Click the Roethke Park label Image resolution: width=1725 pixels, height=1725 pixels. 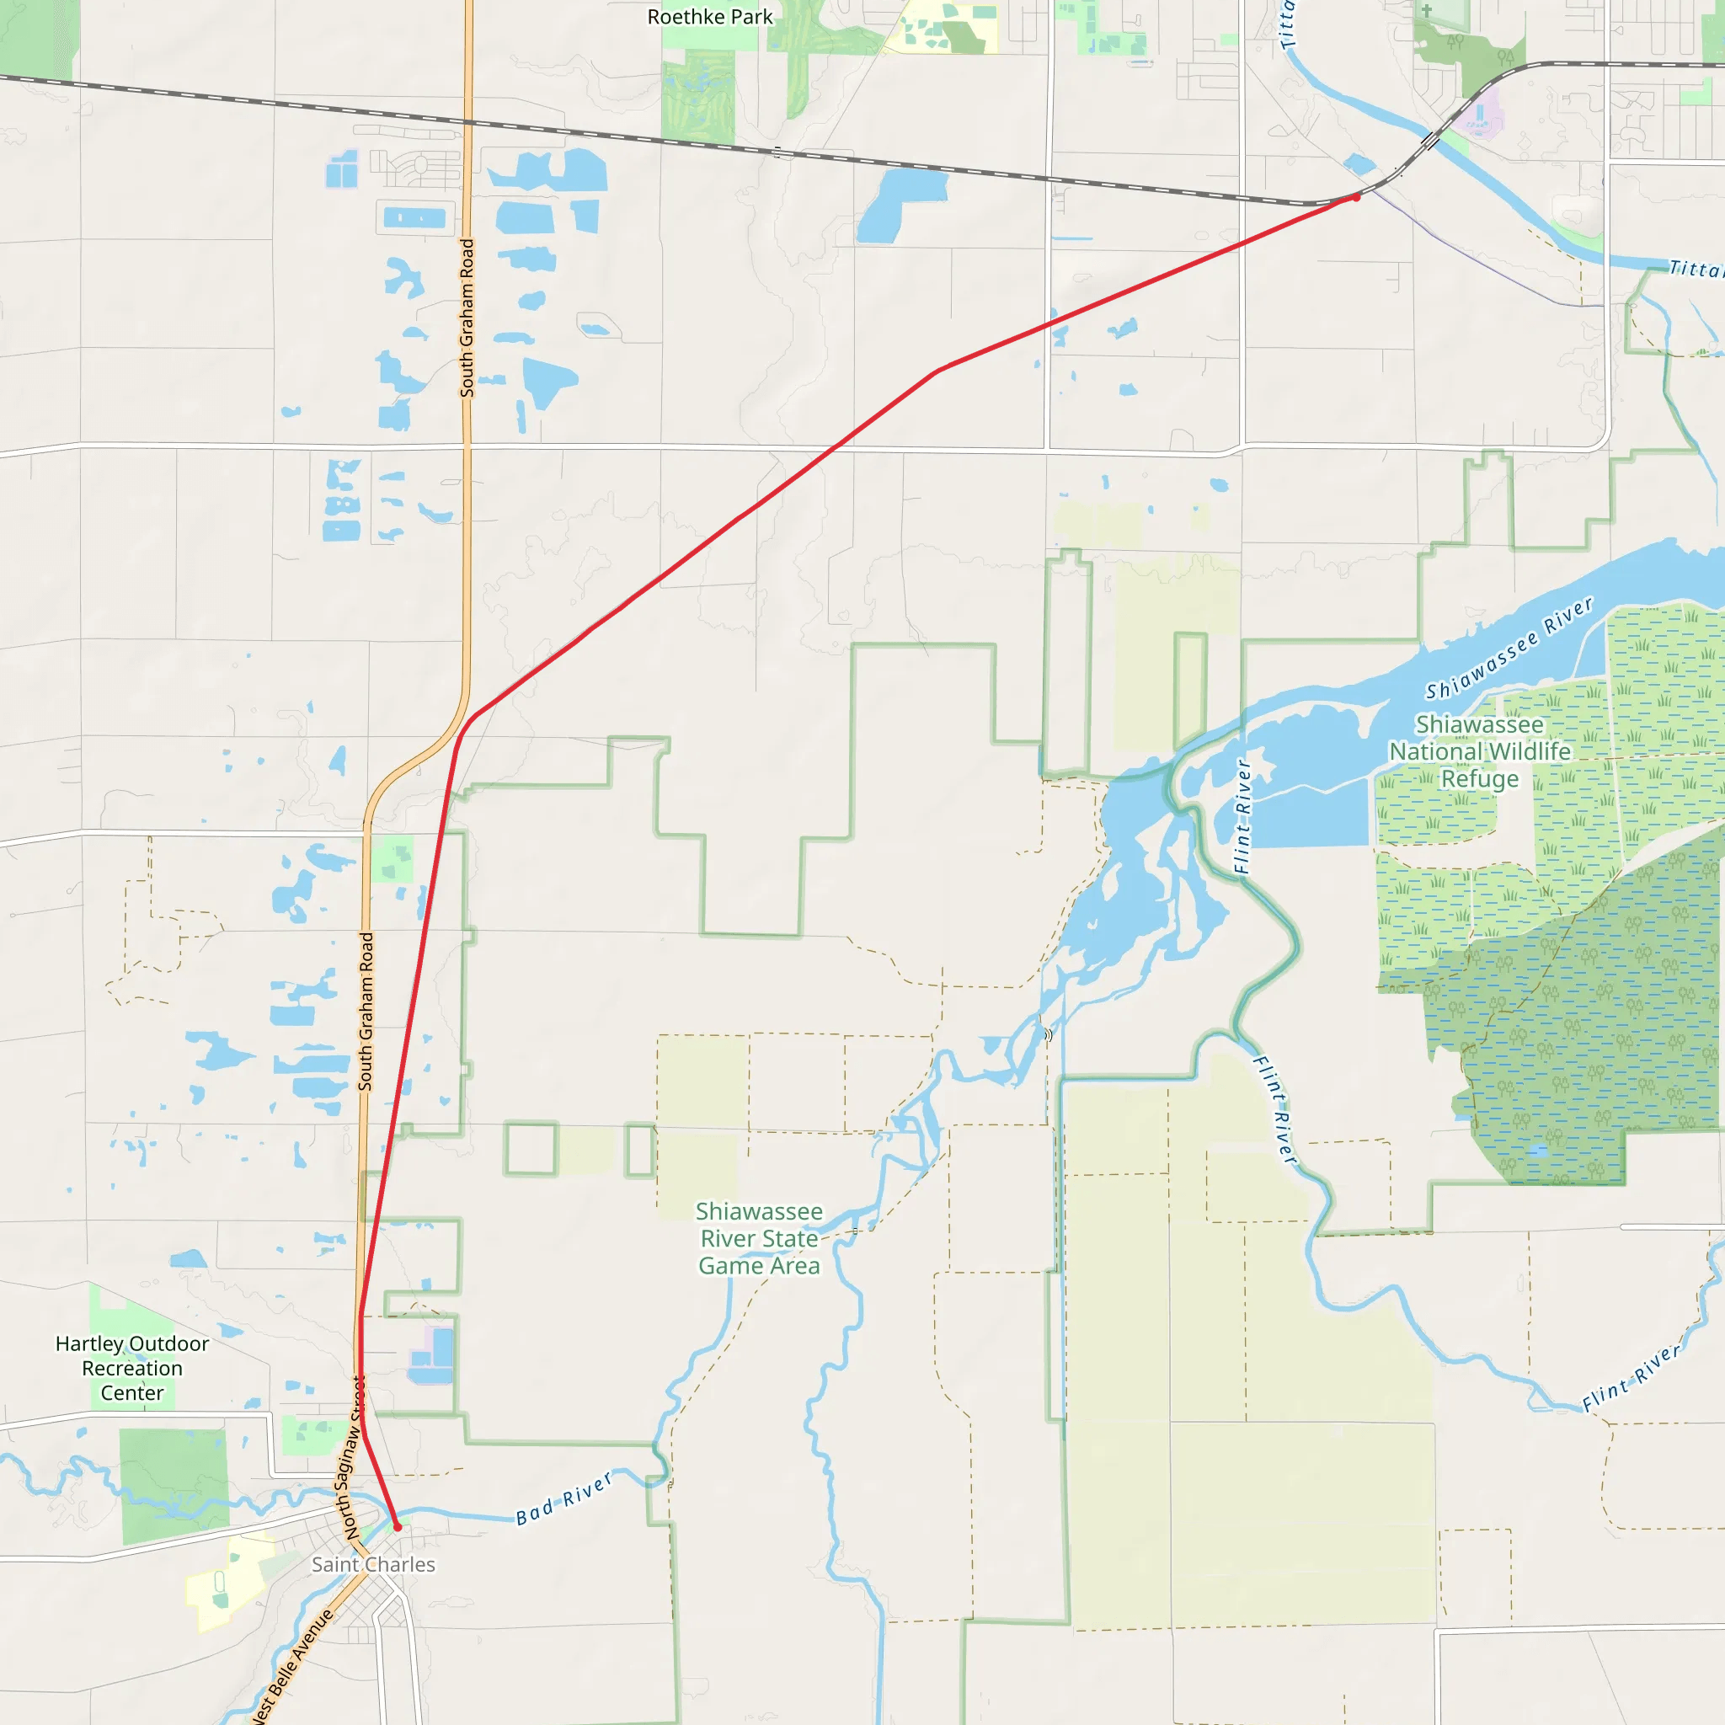710,17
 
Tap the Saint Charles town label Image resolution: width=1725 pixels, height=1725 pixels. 373,1564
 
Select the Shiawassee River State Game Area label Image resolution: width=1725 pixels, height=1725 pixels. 759,1238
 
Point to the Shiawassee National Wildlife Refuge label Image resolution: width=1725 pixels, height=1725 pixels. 1479,752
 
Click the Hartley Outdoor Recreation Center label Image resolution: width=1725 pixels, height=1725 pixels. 132,1368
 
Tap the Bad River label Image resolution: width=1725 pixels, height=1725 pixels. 564,1498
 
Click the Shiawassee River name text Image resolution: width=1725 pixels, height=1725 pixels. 1509,649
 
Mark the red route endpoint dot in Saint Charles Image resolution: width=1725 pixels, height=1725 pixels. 398,1527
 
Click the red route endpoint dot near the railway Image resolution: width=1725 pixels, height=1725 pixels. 1356,197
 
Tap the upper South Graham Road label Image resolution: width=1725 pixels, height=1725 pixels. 467,317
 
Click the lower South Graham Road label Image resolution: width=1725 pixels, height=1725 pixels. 366,1011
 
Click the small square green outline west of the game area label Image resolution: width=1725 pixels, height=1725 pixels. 531,1149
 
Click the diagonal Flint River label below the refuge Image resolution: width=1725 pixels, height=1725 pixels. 1275,1110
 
